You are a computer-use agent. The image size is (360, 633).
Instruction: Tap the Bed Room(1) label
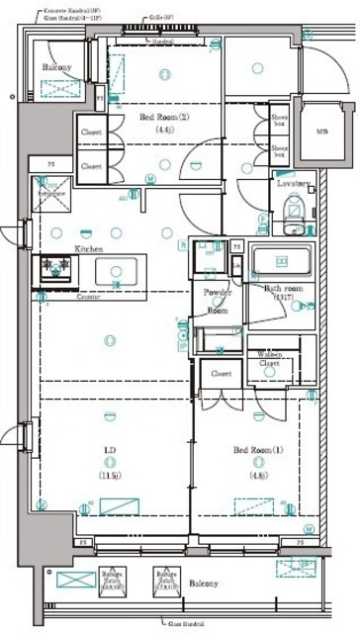point(258,450)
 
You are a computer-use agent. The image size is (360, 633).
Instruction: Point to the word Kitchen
point(90,249)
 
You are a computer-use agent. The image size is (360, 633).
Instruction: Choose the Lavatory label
point(294,184)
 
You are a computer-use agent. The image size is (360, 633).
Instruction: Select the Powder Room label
point(218,301)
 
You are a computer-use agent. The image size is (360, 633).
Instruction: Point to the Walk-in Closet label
point(270,358)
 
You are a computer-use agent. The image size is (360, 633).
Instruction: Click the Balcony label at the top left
point(56,67)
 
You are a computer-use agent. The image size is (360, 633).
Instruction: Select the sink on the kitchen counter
point(118,268)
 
